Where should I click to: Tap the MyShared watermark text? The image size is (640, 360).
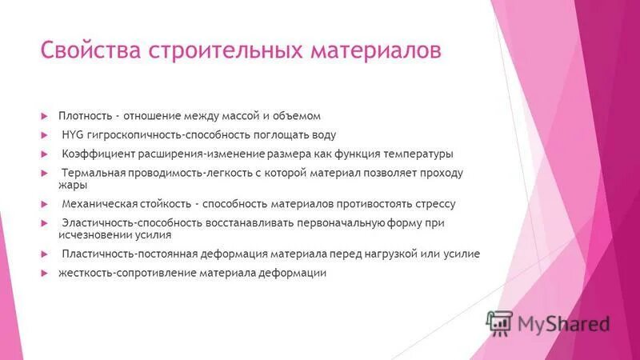(x=563, y=323)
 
